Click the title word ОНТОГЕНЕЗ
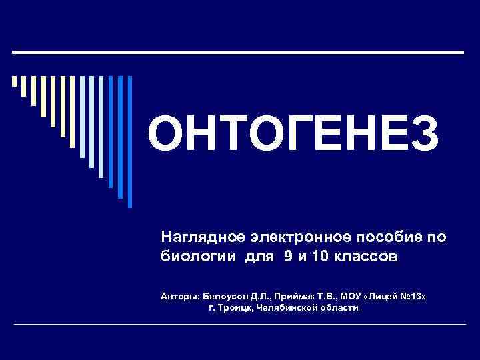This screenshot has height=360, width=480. [293, 133]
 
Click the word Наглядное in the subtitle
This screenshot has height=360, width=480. [193, 237]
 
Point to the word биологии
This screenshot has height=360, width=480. [193, 257]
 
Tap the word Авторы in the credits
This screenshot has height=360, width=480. [179, 295]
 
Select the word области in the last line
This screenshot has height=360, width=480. [340, 307]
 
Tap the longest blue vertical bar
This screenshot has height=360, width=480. [130, 140]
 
